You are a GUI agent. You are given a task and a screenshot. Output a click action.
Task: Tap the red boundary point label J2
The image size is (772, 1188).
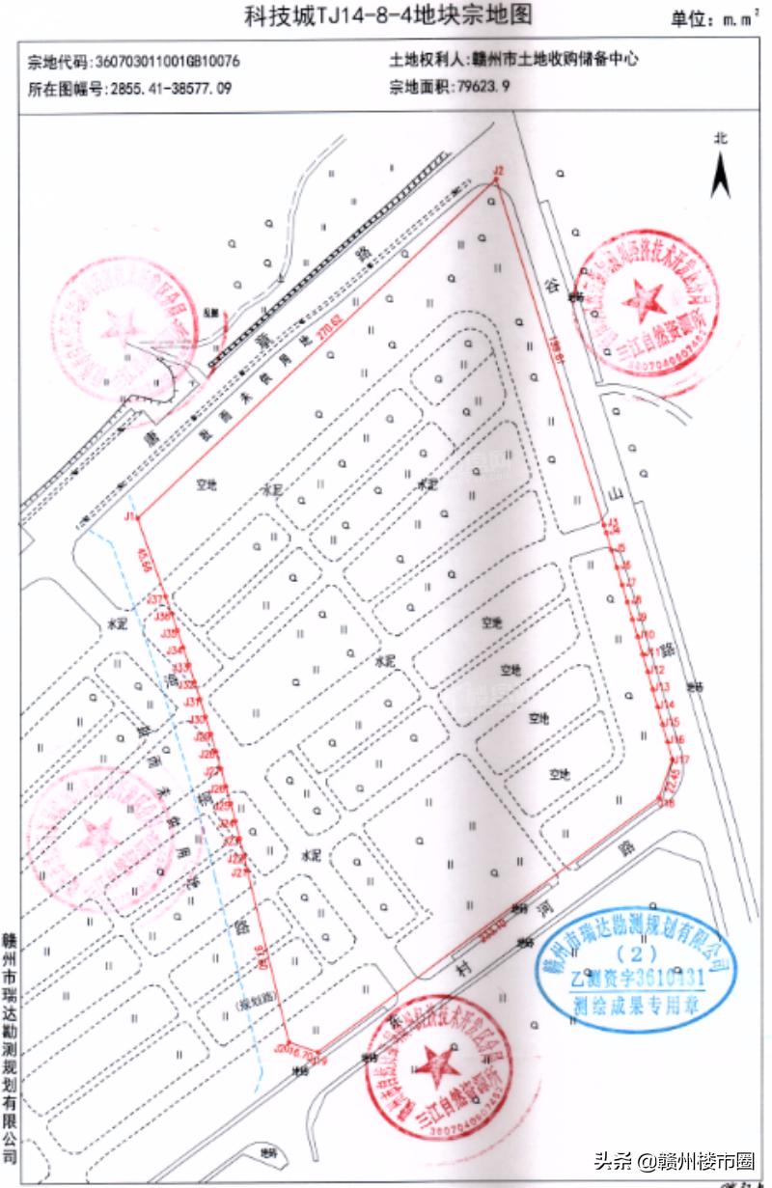[x=498, y=171]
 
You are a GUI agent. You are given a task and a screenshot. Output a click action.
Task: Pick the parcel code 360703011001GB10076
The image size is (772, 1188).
[x=166, y=61]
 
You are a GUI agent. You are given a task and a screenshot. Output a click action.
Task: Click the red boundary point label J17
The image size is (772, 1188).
[x=681, y=760]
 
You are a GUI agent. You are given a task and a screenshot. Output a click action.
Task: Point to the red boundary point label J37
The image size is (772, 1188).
[x=154, y=599]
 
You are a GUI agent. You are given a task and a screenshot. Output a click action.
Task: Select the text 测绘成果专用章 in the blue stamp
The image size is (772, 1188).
[x=637, y=1001]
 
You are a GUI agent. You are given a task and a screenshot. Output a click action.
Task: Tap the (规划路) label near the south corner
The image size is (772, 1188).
[x=253, y=1006]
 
